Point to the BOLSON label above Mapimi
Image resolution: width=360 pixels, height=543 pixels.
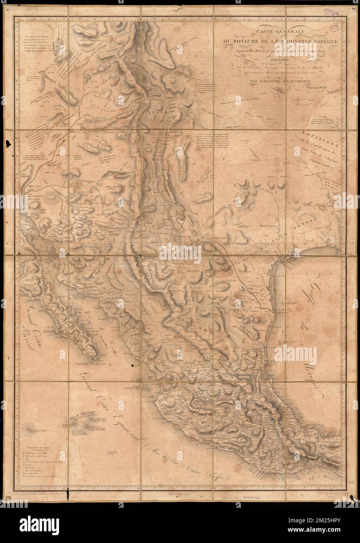(190, 271)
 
